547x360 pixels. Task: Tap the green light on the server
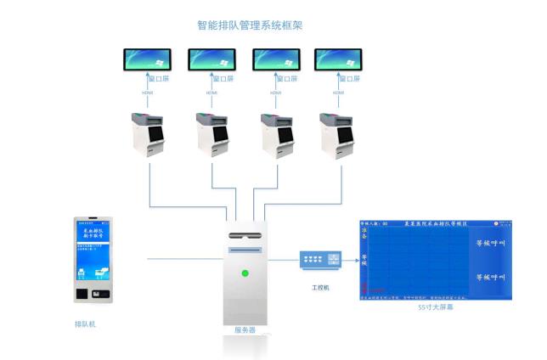pos(245,273)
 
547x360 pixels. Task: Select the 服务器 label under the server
pos(245,329)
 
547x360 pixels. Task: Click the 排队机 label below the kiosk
pos(86,323)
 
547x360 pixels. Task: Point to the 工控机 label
pos(321,288)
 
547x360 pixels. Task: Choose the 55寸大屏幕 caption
pos(435,309)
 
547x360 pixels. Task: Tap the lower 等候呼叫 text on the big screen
pos(489,278)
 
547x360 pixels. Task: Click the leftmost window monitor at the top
pos(148,59)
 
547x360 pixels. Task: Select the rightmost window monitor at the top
pos(338,59)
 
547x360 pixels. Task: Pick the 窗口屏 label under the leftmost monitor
pos(159,80)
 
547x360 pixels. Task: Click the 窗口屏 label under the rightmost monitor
pos(349,80)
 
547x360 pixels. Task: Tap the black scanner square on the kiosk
pos(81,293)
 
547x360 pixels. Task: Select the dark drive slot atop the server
pos(245,233)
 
